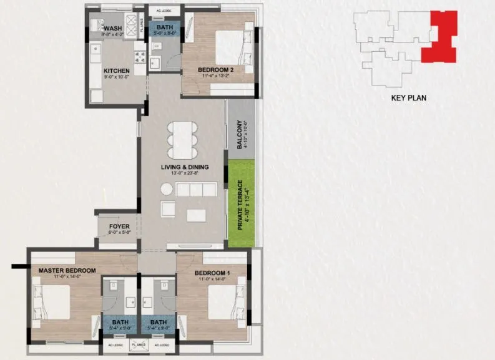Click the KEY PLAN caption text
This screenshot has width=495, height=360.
click(408, 98)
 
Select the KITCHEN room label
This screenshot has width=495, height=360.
click(116, 71)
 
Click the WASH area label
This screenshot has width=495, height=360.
click(113, 29)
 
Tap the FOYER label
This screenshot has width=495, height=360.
click(119, 227)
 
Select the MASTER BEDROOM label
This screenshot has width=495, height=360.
click(67, 270)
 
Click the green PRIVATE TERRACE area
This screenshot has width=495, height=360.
click(240, 204)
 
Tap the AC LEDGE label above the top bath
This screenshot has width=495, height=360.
click(165, 11)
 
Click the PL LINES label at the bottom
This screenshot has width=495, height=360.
click(138, 344)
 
